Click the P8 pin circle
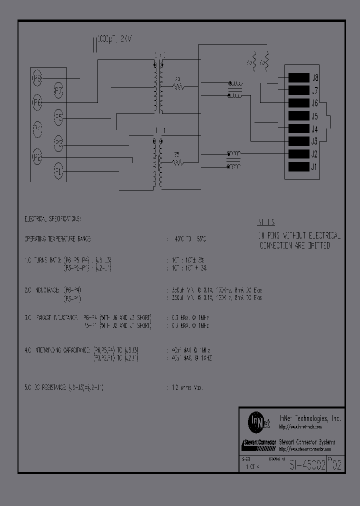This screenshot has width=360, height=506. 37,78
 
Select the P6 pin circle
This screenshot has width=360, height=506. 37,102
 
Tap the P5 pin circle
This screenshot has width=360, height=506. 58,118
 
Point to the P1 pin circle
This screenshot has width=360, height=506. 58,172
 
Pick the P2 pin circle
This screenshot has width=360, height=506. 37,157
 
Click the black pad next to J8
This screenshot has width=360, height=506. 298,78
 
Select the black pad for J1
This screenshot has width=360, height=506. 298,167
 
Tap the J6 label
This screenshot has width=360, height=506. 315,103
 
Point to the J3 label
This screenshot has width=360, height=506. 315,141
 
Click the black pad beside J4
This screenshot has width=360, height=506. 298,129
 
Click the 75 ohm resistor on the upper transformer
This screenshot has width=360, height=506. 178,86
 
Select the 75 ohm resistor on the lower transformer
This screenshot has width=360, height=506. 177,161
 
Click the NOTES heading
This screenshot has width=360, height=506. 266,223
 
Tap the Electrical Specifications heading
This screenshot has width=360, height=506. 52,219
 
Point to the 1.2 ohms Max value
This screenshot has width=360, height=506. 187,387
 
